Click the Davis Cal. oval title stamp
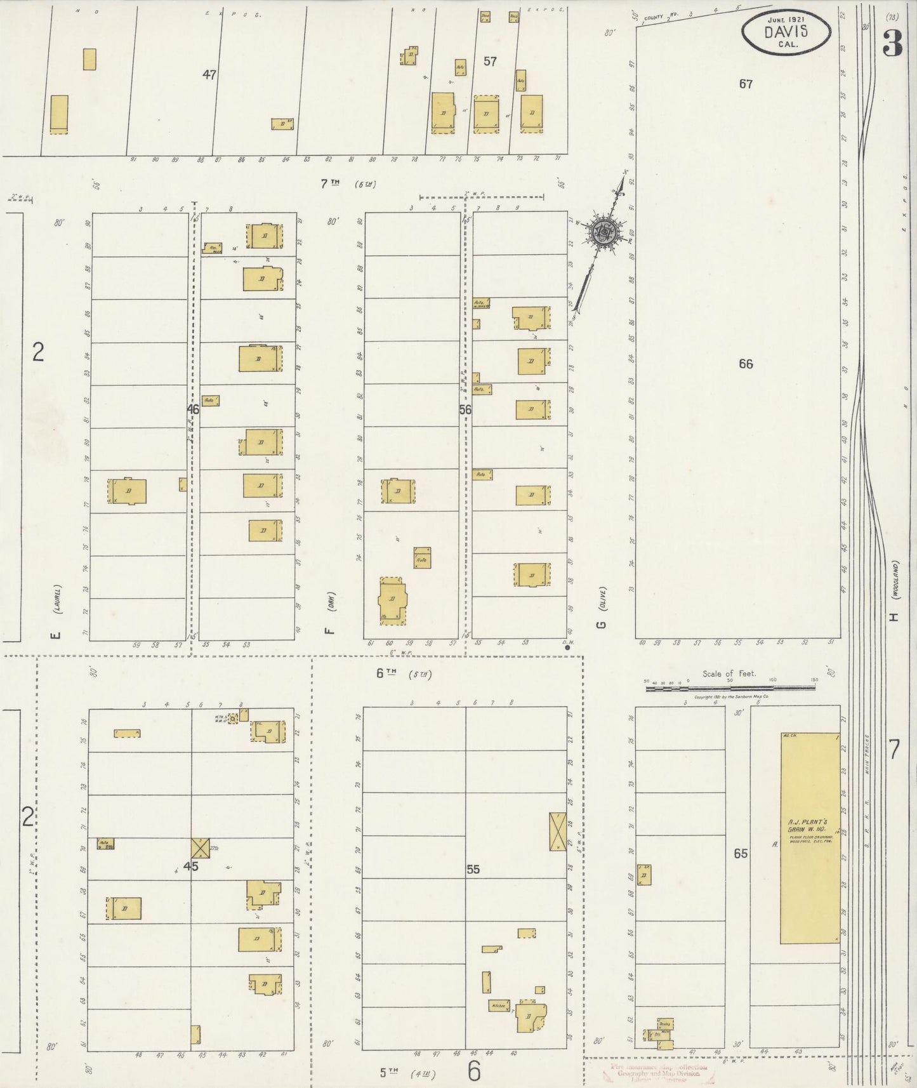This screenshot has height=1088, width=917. tap(786, 32)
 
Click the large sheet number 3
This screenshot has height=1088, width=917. tap(892, 44)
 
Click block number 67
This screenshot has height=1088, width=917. tap(746, 83)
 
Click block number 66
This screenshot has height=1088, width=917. tap(746, 364)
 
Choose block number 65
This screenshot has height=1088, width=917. tap(741, 854)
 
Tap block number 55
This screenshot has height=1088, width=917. tap(473, 869)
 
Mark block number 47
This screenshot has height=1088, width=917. tap(209, 74)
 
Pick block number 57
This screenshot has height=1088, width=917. tap(490, 62)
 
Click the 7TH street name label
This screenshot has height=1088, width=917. tap(331, 183)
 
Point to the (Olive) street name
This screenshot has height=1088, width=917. tap(604, 599)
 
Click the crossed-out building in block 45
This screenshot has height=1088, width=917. tap(201, 847)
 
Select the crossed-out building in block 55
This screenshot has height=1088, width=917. tap(558, 831)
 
